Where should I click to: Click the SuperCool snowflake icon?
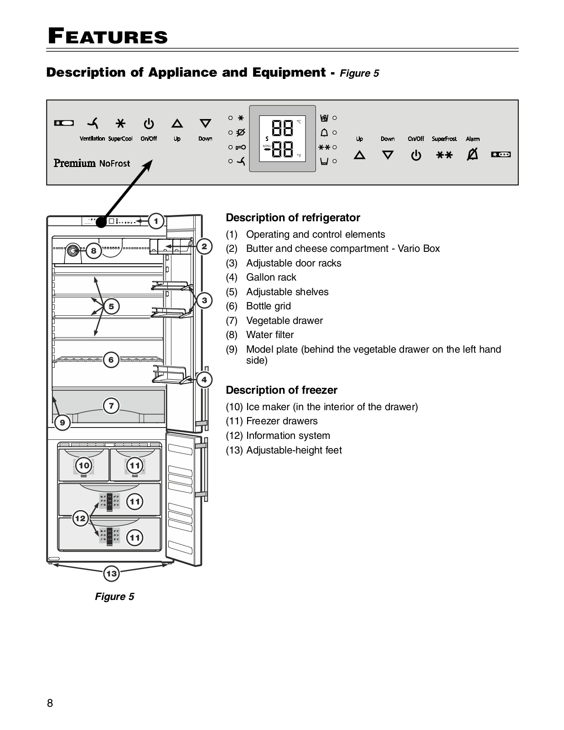tap(120, 124)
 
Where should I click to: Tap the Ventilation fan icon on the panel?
tap(93, 123)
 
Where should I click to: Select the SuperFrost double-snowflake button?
tap(444, 155)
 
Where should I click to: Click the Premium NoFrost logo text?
tap(92, 163)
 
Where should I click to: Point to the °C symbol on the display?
tap(299, 122)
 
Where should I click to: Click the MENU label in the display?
tap(267, 146)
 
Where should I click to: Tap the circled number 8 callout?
tap(93, 251)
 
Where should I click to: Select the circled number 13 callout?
tap(111, 573)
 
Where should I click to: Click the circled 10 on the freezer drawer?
tap(83, 465)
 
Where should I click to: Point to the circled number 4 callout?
tap(204, 380)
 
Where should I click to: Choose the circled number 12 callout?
tap(80, 518)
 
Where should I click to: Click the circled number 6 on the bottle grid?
tap(111, 360)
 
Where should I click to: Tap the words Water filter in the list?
tap(270, 334)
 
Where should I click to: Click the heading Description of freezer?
tap(282, 390)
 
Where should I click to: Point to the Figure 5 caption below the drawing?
tap(114, 596)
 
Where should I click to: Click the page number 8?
tap(50, 703)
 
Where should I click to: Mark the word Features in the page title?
tap(108, 36)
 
